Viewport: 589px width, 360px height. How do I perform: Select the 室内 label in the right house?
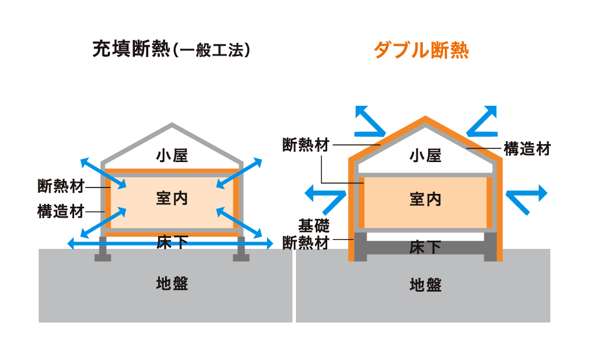click(426, 199)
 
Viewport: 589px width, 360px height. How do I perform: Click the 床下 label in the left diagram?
click(172, 241)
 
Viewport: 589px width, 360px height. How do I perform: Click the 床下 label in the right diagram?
click(426, 247)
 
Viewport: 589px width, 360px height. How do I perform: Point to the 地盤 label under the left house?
click(172, 283)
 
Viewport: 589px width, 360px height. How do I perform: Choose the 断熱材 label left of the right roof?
click(305, 145)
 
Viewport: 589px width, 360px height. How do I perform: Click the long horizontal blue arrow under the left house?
click(170, 244)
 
